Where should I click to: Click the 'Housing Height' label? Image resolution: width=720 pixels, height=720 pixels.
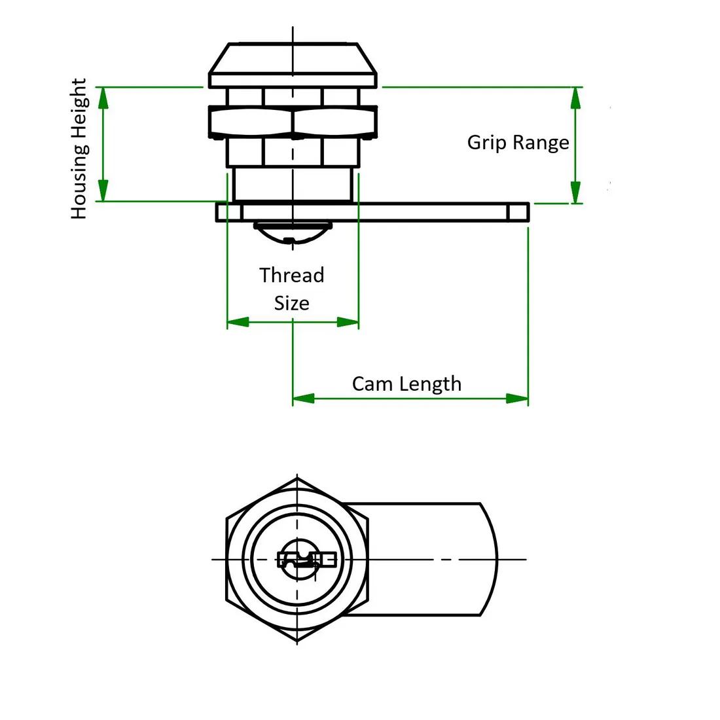[79, 149]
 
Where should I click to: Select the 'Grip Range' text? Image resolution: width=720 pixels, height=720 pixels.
[518, 142]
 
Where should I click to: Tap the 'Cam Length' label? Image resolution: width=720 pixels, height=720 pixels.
[406, 384]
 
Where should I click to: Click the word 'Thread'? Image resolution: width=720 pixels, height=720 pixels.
[291, 275]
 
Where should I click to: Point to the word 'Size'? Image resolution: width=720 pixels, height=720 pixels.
[291, 303]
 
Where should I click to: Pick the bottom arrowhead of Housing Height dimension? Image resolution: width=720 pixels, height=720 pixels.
[103, 191]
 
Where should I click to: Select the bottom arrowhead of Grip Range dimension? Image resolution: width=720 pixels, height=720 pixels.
[575, 193]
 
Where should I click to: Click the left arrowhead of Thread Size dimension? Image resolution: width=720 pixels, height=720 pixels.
[238, 322]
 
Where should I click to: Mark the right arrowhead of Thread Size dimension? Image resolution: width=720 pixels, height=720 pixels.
[348, 322]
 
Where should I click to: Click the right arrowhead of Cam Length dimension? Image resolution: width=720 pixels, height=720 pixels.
[517, 398]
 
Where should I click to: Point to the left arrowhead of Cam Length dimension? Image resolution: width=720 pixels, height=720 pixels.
[303, 398]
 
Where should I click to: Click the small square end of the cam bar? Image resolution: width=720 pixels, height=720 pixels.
[518, 212]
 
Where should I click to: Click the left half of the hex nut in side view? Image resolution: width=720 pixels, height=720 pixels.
[251, 121]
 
